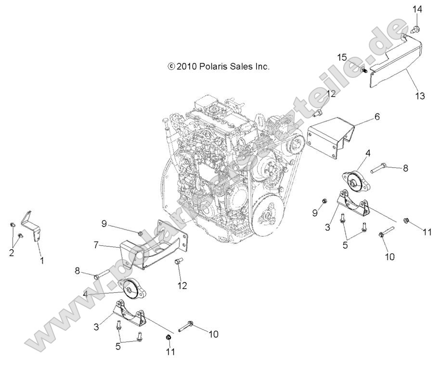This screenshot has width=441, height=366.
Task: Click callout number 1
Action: click(42, 261)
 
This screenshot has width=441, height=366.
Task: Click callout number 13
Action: click(420, 96)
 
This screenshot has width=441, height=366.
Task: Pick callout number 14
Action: click(417, 9)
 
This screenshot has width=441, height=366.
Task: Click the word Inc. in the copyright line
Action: click(261, 67)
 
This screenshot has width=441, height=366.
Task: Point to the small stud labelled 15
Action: click(364, 70)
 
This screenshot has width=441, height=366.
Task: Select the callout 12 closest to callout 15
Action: click(330, 94)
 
